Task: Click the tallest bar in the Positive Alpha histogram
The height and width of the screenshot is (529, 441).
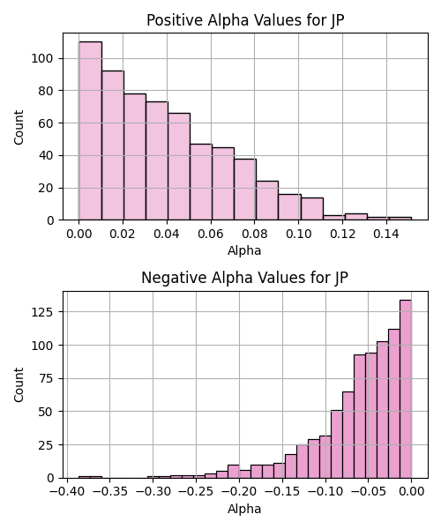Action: (x=91, y=130)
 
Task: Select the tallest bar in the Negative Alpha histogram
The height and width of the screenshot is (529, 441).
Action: (x=406, y=389)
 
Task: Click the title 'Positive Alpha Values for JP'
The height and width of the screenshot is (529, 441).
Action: (x=245, y=20)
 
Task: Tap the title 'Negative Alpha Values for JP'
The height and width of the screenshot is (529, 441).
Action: (x=244, y=278)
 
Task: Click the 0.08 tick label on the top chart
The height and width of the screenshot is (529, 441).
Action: (x=255, y=234)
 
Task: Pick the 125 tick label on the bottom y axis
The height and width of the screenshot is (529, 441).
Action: (x=42, y=312)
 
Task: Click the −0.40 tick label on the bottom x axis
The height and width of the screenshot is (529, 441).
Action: (x=67, y=492)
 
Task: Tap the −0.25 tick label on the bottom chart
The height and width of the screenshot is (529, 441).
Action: (x=196, y=492)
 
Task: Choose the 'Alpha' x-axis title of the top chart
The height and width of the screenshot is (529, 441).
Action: (x=244, y=250)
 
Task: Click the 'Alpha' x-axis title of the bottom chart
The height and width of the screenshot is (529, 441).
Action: (x=244, y=509)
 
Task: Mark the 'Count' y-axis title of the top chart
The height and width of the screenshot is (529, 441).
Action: (x=19, y=127)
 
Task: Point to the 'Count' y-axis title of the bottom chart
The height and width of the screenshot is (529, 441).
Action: (x=19, y=384)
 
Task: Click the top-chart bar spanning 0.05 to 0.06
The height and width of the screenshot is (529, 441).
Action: (x=201, y=183)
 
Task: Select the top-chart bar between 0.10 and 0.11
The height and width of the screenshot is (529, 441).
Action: (x=312, y=209)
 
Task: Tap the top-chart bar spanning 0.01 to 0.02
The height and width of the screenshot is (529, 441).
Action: (x=113, y=145)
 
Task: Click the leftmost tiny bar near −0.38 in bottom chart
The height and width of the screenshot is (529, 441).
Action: (x=85, y=477)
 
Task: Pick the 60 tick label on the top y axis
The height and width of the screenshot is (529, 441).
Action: (x=46, y=123)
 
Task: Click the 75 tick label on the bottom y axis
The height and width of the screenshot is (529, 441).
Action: (x=46, y=378)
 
